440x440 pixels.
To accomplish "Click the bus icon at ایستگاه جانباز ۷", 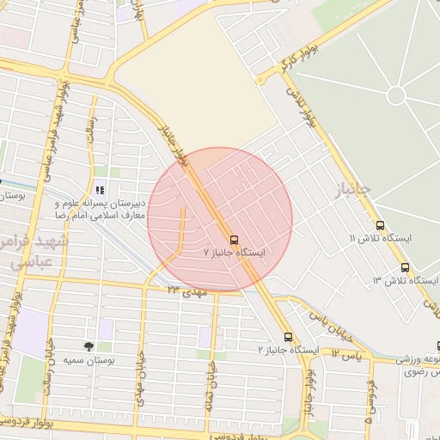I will coord(234,239).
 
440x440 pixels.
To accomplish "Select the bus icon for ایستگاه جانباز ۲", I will coord(288,337).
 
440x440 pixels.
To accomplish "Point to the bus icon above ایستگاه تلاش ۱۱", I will coord(380,225).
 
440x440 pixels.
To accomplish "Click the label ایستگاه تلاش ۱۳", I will coord(400,281).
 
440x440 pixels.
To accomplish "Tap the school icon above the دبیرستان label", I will coord(100,190).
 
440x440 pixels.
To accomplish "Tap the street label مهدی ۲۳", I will coord(188,292).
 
